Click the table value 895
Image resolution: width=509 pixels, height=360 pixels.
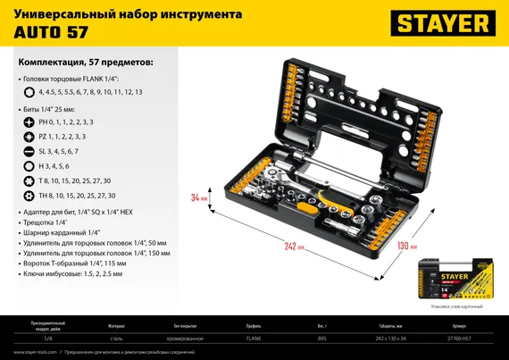point(321,338)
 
